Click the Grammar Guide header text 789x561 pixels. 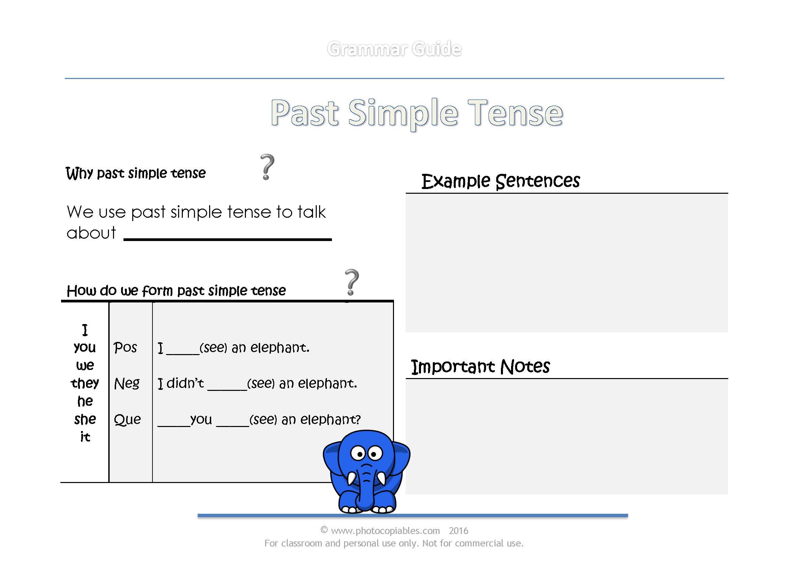(394, 49)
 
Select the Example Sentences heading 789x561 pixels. (500, 181)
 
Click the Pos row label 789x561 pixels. (125, 347)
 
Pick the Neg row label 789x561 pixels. (127, 383)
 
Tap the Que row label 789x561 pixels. (127, 419)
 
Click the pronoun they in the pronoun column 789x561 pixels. (85, 383)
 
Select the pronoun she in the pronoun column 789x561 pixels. (85, 419)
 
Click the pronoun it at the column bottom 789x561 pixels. (85, 437)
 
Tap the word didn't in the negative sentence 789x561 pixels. (185, 383)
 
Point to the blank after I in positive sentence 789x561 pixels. (182, 352)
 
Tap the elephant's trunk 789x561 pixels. (365, 490)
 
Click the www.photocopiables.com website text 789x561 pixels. (385, 530)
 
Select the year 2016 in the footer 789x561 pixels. (458, 530)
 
